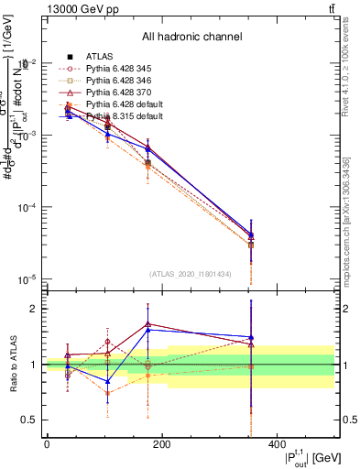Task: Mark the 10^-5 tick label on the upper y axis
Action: pyautogui.click(x=26, y=279)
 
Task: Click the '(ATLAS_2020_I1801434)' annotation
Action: pyautogui.click(x=190, y=274)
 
